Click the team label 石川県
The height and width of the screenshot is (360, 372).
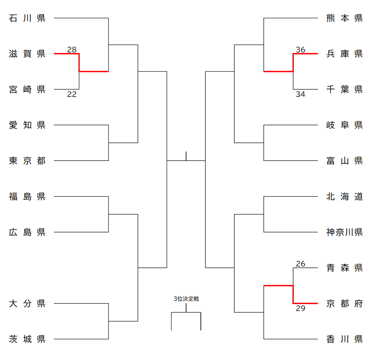[x=27, y=18]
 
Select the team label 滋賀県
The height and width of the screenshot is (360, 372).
[x=27, y=54]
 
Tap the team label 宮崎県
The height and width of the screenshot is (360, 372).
[x=27, y=90]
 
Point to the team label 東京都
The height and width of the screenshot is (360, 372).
[x=27, y=161]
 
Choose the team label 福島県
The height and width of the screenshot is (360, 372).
[x=27, y=197]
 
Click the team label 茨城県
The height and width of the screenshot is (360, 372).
[x=27, y=340]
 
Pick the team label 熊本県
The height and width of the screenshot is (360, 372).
[x=344, y=18]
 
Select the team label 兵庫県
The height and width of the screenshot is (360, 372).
[x=344, y=54]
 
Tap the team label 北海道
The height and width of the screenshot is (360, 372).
[x=344, y=197]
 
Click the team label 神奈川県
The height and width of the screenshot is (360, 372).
[x=344, y=232]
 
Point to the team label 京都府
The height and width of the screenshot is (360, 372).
[x=344, y=304]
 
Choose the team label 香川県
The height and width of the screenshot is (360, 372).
[x=344, y=340]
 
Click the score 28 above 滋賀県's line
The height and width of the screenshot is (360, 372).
[x=72, y=49]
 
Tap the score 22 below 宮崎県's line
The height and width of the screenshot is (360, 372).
[x=72, y=94]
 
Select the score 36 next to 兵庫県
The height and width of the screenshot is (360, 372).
[x=301, y=49]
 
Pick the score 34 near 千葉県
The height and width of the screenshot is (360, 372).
[x=301, y=94]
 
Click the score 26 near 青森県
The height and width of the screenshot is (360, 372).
[x=301, y=264]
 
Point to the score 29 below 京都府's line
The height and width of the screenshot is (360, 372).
[x=301, y=309]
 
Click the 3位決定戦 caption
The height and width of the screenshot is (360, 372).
[x=186, y=299]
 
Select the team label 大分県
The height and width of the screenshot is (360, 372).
[x=27, y=304]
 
